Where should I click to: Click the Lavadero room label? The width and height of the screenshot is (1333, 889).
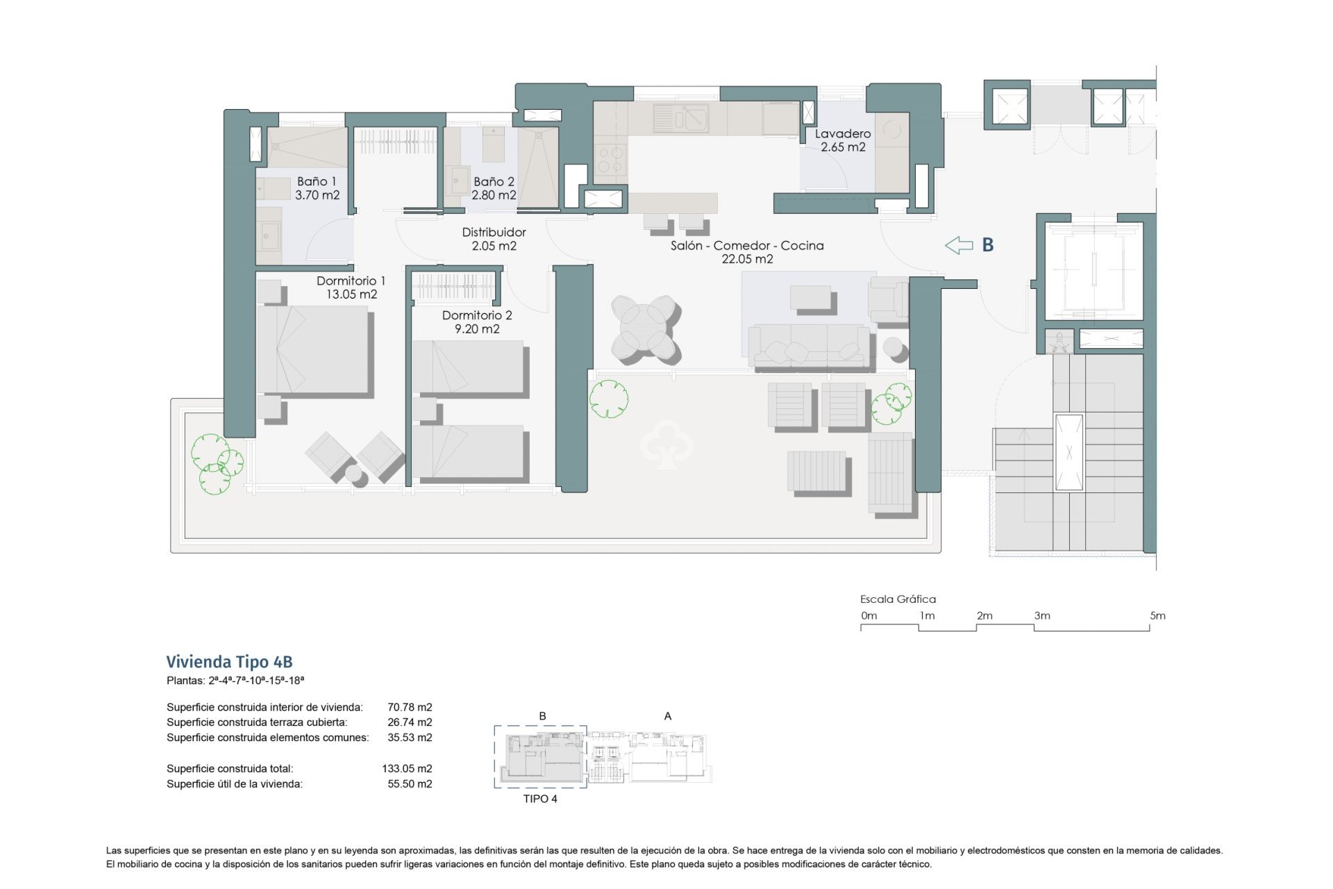pos(842,133)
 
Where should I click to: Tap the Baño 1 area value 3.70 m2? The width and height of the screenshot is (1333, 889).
pos(317,195)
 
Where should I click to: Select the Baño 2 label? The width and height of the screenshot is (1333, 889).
pos(494,181)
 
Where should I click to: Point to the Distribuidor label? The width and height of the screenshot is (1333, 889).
pos(494,232)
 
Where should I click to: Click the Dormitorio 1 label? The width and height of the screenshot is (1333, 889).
pos(351,281)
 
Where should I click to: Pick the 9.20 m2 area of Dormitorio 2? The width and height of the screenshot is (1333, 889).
pos(477,329)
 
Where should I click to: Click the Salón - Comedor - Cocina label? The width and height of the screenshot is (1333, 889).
pos(747,245)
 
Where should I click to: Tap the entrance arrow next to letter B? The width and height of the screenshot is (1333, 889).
pos(959,244)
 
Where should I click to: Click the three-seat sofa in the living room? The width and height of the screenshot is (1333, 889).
pos(809,346)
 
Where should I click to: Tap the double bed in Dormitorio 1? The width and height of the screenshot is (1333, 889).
pos(312,351)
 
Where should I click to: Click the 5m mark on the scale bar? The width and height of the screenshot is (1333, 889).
pos(1157,616)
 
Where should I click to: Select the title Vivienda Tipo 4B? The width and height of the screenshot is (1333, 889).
pos(229,661)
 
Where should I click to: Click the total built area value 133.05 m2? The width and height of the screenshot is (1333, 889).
pos(407,769)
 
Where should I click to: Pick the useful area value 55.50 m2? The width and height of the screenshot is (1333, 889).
pos(410,784)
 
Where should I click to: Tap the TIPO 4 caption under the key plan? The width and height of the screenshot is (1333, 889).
pos(540,799)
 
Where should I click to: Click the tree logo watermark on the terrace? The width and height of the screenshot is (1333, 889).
pos(666,444)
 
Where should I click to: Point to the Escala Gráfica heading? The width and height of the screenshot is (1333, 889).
pos(898,599)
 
